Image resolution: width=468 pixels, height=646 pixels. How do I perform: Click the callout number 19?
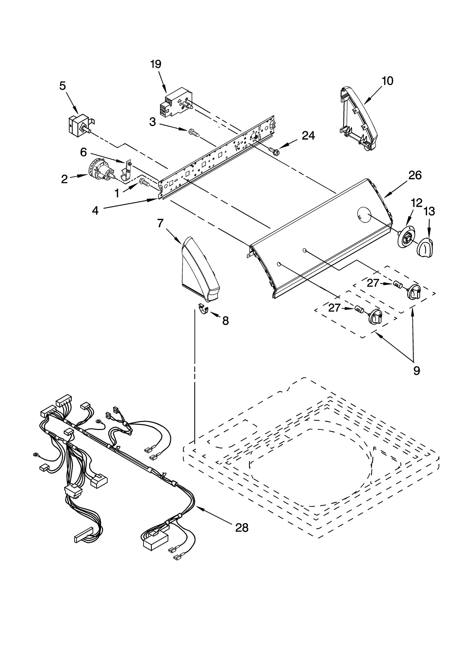(x=156, y=64)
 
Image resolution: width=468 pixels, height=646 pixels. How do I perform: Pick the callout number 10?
(x=387, y=81)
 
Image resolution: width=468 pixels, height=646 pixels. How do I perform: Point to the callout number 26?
(x=415, y=175)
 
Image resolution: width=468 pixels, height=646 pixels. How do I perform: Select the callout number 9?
(x=417, y=371)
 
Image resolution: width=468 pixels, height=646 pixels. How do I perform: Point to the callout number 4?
(x=95, y=211)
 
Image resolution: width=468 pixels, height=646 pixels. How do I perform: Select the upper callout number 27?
(x=373, y=283)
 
